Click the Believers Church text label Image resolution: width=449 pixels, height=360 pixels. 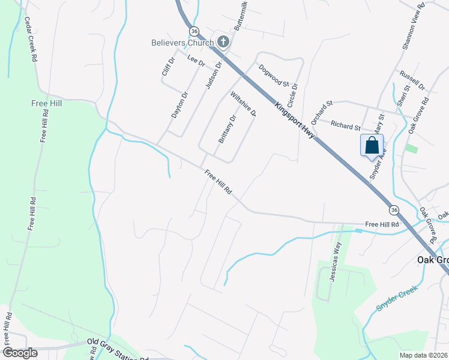click(182, 43)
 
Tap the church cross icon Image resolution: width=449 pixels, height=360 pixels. click(223, 41)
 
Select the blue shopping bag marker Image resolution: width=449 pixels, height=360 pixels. click(372, 146)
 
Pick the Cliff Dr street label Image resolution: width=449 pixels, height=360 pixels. click(167, 67)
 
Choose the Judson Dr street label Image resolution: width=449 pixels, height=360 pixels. click(213, 75)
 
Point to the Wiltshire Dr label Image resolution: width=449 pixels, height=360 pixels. click(243, 104)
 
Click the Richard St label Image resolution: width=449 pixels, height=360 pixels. click(345, 125)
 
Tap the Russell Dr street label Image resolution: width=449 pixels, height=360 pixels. click(412, 78)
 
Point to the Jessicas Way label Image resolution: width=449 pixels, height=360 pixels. click(335, 262)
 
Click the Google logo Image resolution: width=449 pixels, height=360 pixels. click(20, 352)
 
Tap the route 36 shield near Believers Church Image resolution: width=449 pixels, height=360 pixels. click(193, 31)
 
